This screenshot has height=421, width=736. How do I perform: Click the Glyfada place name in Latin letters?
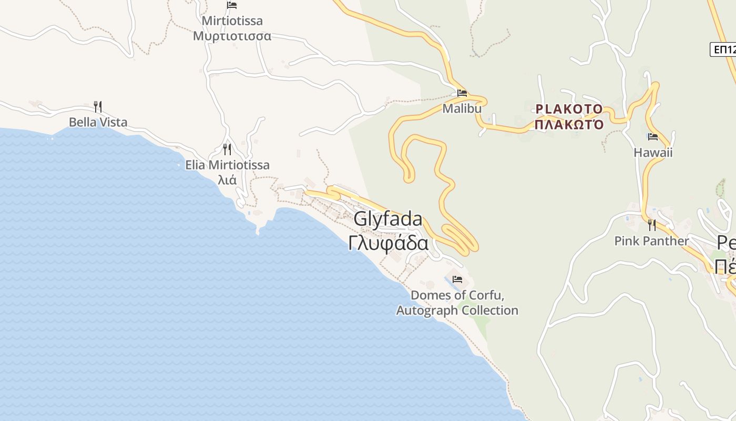coord(388,219)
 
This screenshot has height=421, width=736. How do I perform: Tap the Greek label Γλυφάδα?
coord(388,244)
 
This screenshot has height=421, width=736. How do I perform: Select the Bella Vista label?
coord(98,123)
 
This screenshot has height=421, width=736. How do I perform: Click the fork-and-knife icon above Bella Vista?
coord(98,107)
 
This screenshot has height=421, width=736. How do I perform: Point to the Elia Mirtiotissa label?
coord(227,165)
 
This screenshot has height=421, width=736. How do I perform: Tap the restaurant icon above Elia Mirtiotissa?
coord(227,149)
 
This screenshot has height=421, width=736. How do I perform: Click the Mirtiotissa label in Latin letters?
coord(232,21)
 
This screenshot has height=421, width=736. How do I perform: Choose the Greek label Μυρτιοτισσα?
coord(232,36)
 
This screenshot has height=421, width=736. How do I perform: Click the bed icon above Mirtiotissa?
coord(232,5)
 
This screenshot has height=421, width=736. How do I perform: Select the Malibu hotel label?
coord(462,108)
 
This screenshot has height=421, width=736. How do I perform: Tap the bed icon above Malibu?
coord(462,93)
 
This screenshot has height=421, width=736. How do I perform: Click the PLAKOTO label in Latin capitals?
coord(569,109)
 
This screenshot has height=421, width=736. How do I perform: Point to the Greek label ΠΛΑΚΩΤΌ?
coord(569,125)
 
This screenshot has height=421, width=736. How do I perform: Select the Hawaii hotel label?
coord(653,153)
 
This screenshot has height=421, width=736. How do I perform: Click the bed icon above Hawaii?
coord(653,137)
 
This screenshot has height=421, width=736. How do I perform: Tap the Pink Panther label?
coord(651,241)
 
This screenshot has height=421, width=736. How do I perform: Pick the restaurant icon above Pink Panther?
coord(652,225)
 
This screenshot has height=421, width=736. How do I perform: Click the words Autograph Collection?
coord(457,310)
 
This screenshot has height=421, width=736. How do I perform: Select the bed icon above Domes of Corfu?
coord(457,279)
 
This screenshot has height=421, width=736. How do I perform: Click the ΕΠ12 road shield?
coord(724,49)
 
